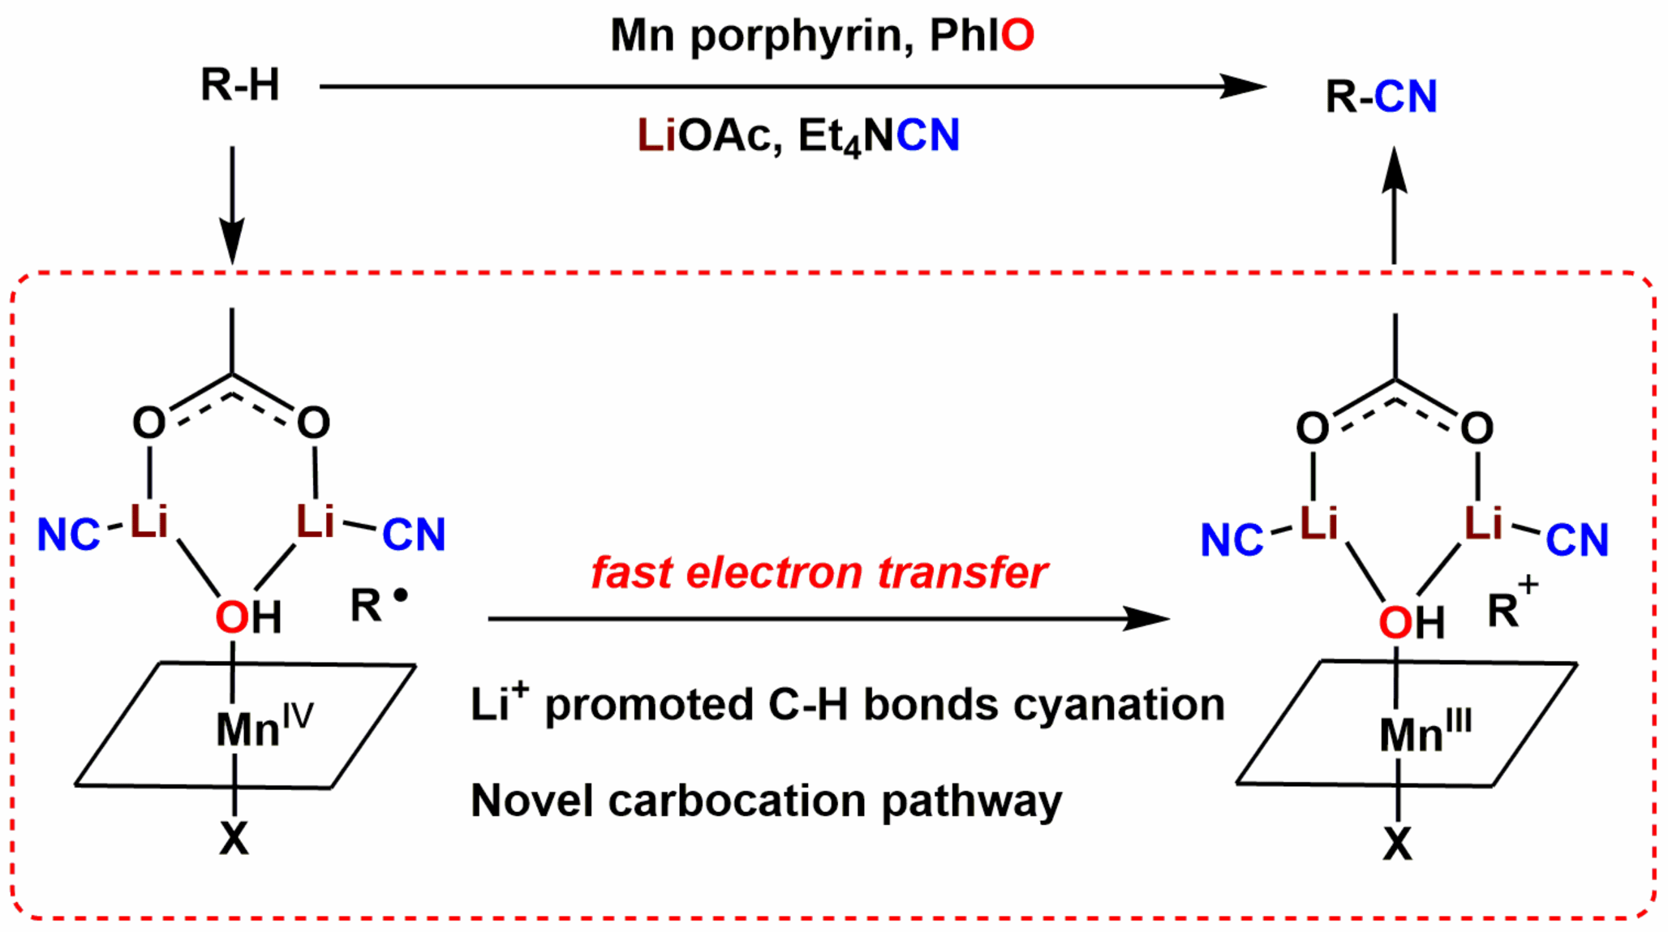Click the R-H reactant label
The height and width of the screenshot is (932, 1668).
pos(239,84)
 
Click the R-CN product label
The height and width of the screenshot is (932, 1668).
pos(1381,97)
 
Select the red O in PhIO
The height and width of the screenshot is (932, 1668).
pos(1017,35)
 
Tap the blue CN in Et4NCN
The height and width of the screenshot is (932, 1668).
pos(928,135)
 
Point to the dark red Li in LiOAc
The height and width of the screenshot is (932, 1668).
pos(656,135)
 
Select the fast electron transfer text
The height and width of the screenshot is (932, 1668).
pos(819,573)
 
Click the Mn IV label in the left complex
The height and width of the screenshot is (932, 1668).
pos(264,726)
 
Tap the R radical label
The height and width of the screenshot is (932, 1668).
pos(377,604)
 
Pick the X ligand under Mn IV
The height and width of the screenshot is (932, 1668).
pos(234,839)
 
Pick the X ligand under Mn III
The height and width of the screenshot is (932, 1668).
pos(1397,844)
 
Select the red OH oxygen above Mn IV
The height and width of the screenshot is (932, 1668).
pos(231,618)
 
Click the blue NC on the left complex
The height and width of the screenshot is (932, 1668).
pos(68,535)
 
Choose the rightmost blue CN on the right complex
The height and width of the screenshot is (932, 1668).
pos(1576,540)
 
